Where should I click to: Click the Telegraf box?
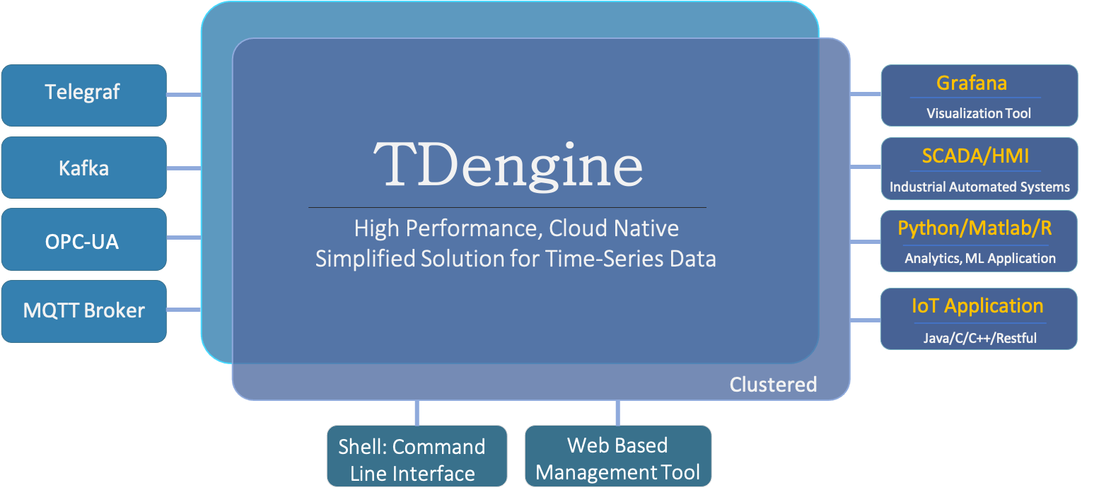coord(84,95)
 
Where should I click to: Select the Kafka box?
coord(84,168)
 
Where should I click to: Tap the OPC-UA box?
coord(84,239)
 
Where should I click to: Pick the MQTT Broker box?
coord(84,311)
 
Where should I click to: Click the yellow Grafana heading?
coord(972,83)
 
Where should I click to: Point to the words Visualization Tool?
coord(978,113)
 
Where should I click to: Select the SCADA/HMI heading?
coord(975,156)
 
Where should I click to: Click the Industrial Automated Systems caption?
coord(979,187)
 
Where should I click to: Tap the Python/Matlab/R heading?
coord(975,228)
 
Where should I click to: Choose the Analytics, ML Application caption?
coord(979,259)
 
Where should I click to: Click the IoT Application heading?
coord(977,306)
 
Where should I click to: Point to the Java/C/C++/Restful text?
coord(979,338)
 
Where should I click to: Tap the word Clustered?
coord(773,385)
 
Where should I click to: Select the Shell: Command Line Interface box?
coord(417,456)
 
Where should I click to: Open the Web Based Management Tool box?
coord(618,456)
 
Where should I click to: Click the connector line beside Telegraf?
coord(184,95)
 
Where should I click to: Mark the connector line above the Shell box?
coord(417,413)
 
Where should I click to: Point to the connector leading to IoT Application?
coord(866,320)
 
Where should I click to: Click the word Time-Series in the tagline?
coord(606,259)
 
